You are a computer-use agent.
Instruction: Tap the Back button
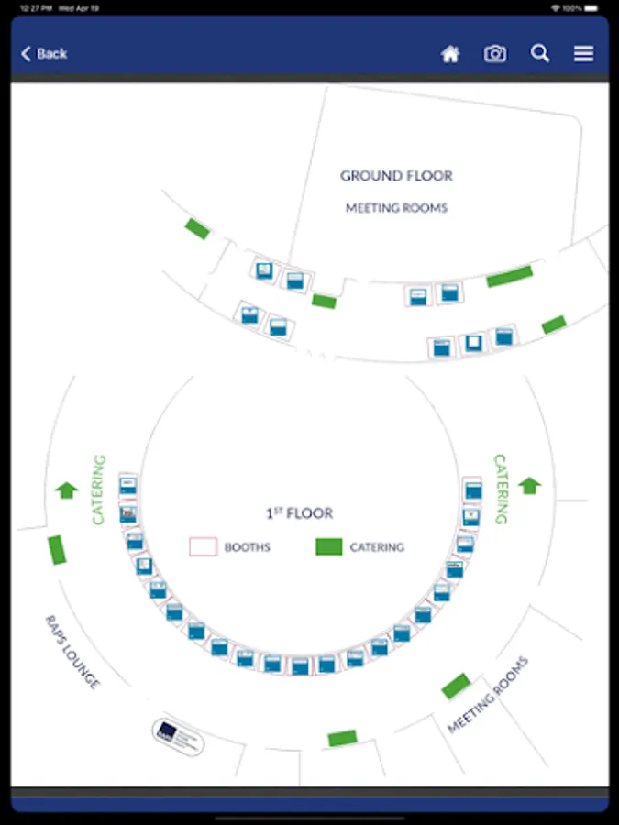tap(44, 54)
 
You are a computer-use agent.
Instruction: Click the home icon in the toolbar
tap(450, 54)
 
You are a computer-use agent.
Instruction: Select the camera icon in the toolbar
tap(495, 54)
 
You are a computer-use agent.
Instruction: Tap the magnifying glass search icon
tap(540, 54)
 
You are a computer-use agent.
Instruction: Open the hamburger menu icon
tap(584, 54)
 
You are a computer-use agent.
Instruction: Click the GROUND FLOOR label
tap(396, 176)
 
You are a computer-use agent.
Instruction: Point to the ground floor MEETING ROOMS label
tap(396, 208)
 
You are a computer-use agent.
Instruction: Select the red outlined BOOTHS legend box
tap(203, 547)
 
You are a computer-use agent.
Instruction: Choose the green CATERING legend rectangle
tap(328, 547)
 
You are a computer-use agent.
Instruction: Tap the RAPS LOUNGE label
tap(72, 652)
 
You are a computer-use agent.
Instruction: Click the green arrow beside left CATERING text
tap(66, 490)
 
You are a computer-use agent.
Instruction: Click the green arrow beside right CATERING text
tap(530, 485)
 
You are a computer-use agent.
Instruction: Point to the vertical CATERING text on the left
tap(99, 489)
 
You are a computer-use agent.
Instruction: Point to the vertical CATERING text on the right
tap(501, 489)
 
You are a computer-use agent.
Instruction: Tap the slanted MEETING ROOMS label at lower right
tap(488, 695)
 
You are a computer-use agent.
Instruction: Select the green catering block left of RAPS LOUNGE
tap(58, 550)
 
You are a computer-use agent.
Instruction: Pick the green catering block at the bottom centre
tap(342, 738)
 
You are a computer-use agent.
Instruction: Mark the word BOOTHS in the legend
tap(248, 547)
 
